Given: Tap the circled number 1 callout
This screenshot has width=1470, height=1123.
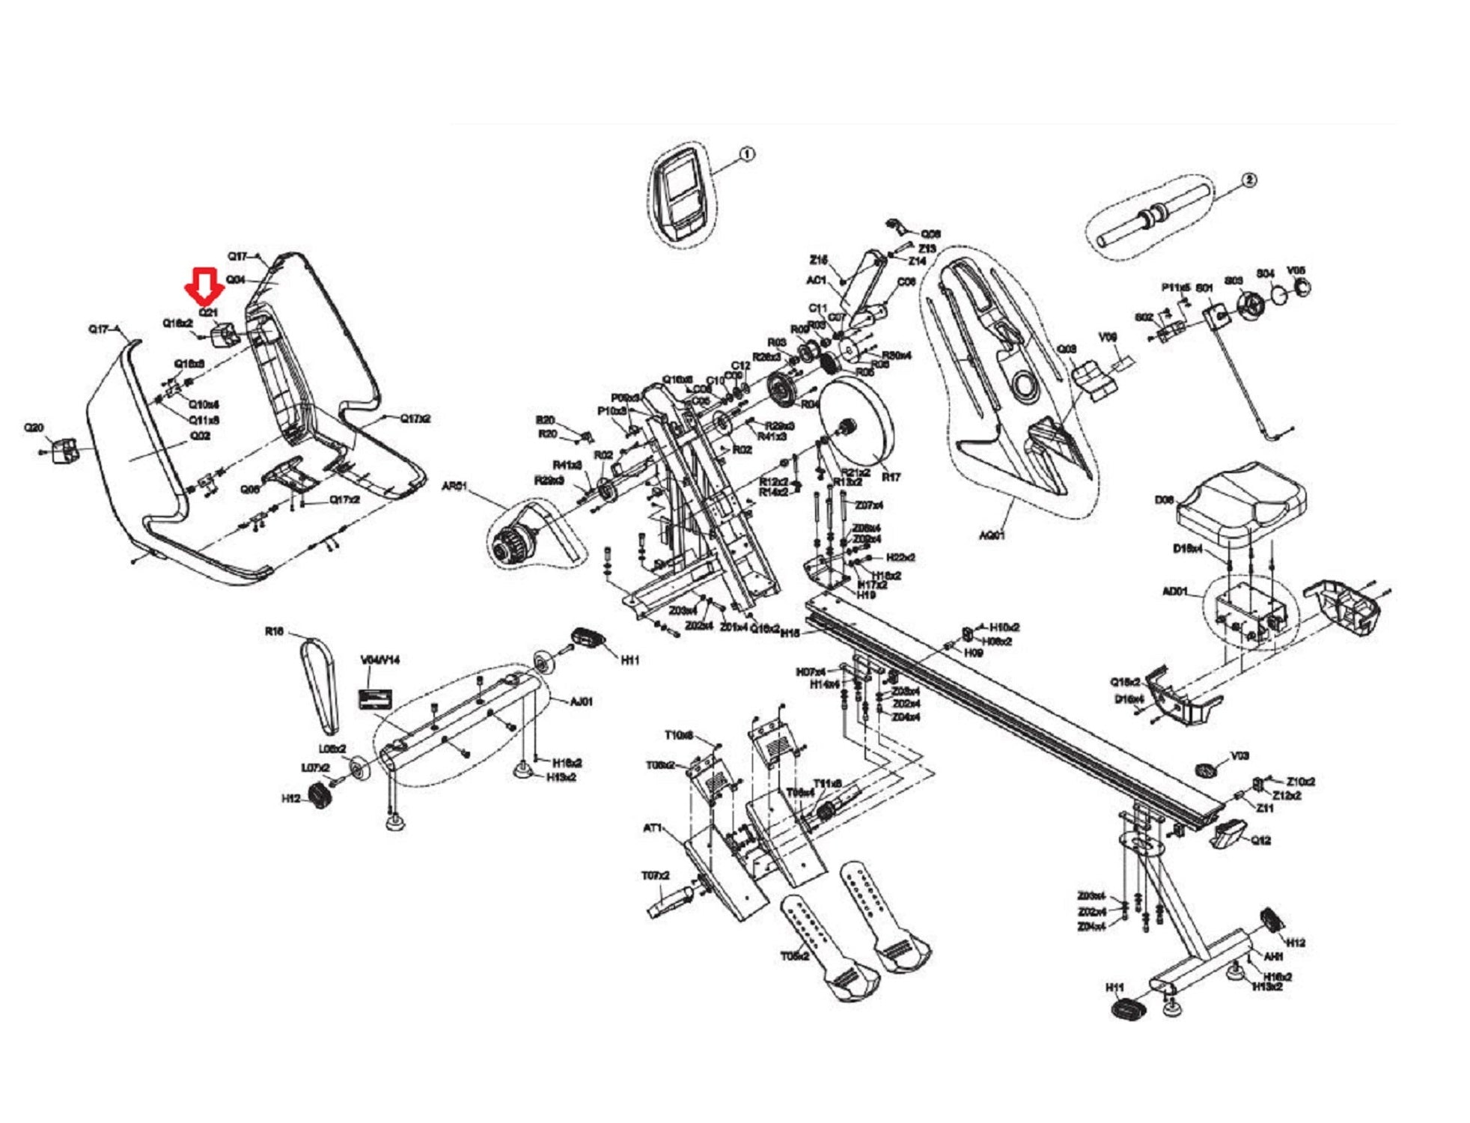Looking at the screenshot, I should click(746, 154).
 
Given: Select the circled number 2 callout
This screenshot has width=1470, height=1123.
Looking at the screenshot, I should click(1248, 180).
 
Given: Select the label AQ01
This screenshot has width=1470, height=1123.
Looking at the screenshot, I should click(992, 535).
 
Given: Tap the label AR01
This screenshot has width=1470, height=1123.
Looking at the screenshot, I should click(454, 486).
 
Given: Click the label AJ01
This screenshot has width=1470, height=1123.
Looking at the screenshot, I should click(582, 702).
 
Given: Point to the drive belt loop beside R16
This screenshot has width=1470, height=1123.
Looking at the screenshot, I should click(320, 685).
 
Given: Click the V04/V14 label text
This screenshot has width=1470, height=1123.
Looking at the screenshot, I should click(380, 660).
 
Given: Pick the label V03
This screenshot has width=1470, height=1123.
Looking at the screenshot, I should click(1239, 755).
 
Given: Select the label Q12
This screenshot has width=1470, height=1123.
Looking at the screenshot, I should click(1261, 840).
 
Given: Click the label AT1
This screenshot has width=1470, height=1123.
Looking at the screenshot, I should click(653, 828).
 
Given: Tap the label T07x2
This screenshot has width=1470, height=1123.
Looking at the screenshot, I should click(655, 875).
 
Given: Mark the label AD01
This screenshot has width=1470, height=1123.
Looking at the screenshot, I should click(1175, 591).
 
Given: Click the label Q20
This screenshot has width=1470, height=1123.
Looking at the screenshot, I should click(34, 427).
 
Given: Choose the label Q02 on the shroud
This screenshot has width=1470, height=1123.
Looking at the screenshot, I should click(201, 435).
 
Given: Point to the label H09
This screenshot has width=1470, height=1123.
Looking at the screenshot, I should click(973, 653).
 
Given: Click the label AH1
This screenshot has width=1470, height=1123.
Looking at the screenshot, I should click(1273, 956).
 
